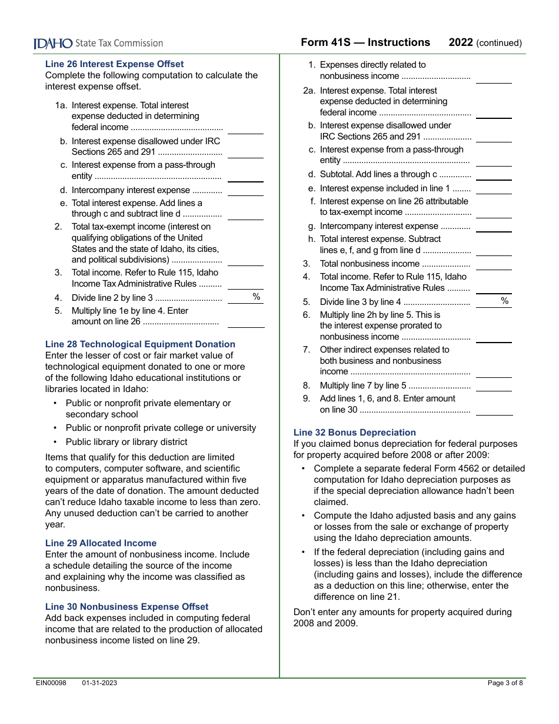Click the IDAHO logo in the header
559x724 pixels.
click(53, 43)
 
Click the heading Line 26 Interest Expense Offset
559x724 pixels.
click(114, 64)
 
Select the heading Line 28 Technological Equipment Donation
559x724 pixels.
click(140, 344)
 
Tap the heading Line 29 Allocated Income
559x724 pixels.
click(101, 543)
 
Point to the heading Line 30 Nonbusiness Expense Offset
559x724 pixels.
click(127, 607)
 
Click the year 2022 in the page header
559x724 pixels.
click(461, 42)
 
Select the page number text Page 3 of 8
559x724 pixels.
click(505, 683)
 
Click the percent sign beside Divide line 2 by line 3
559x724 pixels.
click(257, 297)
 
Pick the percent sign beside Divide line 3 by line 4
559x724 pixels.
click(504, 301)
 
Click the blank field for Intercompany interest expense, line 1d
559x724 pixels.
click(245, 190)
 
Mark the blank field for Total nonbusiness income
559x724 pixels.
click(494, 264)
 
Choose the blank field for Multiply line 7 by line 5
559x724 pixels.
click(494, 386)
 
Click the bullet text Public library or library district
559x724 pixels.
click(127, 442)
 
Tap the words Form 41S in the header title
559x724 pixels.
click(324, 42)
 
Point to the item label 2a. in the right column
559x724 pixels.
click(309, 91)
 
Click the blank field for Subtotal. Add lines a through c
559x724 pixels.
click(494, 174)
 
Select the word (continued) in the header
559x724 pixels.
click(498, 43)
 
